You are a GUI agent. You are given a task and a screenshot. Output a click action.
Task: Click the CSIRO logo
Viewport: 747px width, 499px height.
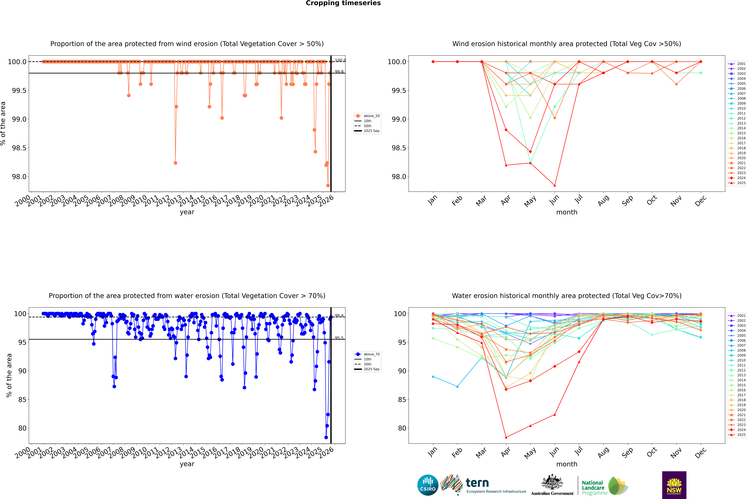(428, 485)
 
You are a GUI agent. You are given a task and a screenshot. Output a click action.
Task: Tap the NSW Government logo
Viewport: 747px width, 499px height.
(674, 485)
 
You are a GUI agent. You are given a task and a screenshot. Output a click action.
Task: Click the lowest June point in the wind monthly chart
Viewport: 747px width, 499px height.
(555, 186)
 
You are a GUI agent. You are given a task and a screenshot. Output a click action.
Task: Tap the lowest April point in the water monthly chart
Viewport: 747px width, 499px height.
(506, 437)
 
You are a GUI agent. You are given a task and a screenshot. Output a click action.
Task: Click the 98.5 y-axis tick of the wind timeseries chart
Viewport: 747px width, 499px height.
(19, 148)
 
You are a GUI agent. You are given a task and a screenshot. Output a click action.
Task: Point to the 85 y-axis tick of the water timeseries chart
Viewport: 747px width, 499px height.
(22, 400)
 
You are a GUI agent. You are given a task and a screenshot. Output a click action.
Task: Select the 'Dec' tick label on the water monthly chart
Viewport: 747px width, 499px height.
(701, 453)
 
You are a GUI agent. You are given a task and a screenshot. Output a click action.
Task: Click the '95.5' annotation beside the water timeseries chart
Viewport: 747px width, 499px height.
(339, 338)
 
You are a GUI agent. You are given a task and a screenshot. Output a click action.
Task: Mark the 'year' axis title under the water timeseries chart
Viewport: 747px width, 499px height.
(187, 464)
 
